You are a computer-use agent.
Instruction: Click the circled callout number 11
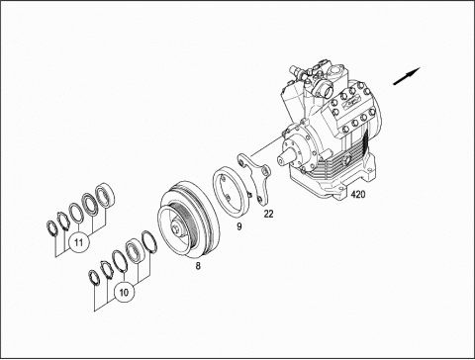pos(78,243)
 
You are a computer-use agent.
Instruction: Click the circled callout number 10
pos(124,293)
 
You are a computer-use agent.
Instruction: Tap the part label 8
pos(198,266)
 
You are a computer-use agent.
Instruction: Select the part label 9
pos(239,226)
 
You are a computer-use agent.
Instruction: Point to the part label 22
pos(269,214)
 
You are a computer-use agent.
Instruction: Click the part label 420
pos(358,195)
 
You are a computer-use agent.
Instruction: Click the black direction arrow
pos(407,76)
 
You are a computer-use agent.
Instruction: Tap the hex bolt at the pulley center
pos(176,229)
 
